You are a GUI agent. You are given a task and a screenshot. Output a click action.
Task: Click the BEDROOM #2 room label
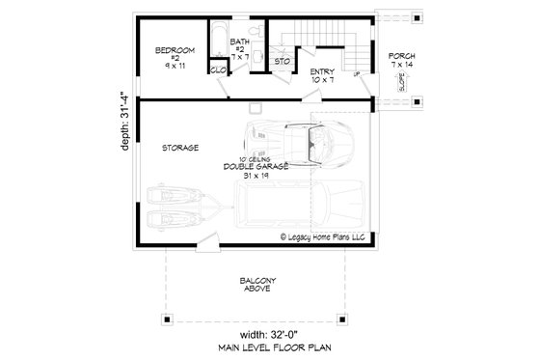click(x=176, y=56)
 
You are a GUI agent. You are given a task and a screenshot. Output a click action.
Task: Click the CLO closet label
click(x=217, y=69)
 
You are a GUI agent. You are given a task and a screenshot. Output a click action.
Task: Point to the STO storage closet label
click(x=282, y=63)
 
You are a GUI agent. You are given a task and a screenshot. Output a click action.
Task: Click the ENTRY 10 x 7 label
click(x=322, y=75)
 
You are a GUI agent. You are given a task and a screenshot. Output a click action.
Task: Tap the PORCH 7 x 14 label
click(x=403, y=61)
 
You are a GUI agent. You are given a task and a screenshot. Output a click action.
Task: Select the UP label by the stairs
click(x=358, y=73)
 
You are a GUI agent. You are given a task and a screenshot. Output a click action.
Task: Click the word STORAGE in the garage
click(x=180, y=148)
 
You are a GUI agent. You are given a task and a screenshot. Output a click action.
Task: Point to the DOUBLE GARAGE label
click(x=255, y=168)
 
